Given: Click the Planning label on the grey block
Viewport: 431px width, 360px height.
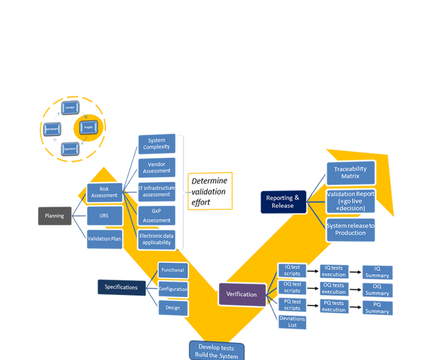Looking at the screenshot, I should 54,216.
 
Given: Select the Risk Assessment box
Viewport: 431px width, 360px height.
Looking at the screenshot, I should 104,192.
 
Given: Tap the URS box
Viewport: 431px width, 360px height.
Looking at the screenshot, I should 104,216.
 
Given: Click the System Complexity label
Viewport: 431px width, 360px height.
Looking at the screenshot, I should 157,144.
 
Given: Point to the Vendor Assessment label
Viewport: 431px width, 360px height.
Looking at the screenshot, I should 157,167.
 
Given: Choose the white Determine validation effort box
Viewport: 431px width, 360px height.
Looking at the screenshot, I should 209,192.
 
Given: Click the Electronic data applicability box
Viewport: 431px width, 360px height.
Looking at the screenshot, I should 156,239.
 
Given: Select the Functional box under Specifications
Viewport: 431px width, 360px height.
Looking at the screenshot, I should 172,270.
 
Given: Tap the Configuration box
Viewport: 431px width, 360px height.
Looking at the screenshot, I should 173,289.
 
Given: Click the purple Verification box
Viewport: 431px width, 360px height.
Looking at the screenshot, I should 241,294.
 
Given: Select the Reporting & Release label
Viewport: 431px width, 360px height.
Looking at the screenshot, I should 283,202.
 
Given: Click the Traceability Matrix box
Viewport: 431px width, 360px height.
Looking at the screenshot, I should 350,173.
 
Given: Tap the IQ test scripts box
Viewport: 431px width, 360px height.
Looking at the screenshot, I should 289,270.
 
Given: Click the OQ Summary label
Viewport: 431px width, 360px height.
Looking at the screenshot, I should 377,290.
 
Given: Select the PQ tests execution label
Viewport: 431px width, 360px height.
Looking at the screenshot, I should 334,306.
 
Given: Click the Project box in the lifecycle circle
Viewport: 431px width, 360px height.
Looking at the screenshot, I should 88,128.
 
